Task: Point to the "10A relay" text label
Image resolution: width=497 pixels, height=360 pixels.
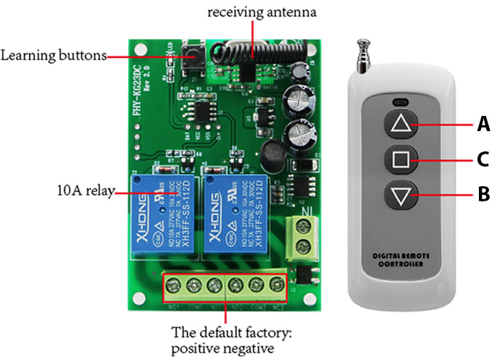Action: coord(80,193)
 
